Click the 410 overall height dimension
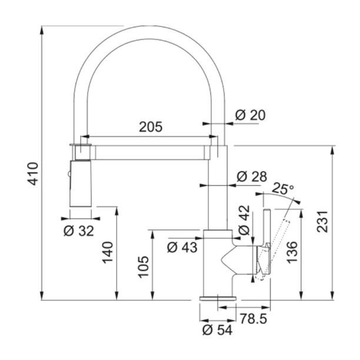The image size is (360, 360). (x=32, y=174)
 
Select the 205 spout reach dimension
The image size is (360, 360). (x=151, y=126)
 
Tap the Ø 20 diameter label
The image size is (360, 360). (x=250, y=115)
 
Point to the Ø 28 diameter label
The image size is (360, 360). (x=252, y=176)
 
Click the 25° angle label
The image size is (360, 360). (x=282, y=189)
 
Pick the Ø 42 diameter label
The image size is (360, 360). (x=244, y=220)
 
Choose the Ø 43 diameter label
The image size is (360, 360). (x=182, y=247)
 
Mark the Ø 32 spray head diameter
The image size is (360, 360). (x=79, y=231)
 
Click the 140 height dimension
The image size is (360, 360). (x=108, y=252)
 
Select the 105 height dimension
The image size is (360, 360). (x=144, y=267)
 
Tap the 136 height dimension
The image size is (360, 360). (x=292, y=252)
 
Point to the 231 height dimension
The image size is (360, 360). (x=322, y=222)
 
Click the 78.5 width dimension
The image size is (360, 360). (x=254, y=319)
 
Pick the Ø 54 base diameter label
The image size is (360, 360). (x=218, y=330)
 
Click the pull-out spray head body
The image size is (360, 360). (x=81, y=184)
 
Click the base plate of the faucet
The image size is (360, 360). (x=218, y=298)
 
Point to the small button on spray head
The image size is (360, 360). (x=68, y=174)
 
